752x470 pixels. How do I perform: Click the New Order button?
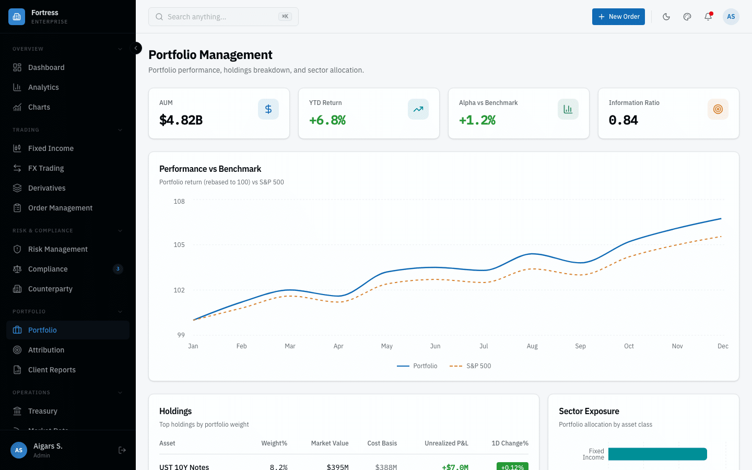tap(618, 17)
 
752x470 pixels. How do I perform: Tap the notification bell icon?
tap(708, 17)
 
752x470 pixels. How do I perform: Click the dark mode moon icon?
tap(666, 17)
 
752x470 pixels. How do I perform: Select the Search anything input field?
tap(223, 17)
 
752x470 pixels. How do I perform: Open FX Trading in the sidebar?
tap(46, 168)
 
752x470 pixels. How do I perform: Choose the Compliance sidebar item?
tap(48, 269)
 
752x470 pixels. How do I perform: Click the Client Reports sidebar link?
tap(52, 370)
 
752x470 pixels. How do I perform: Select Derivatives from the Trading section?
tap(47, 188)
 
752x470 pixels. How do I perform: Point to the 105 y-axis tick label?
tap(179, 245)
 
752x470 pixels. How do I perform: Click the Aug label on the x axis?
tap(532, 346)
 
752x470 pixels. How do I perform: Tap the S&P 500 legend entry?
tap(471, 366)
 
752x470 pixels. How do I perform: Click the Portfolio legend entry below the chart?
tap(417, 366)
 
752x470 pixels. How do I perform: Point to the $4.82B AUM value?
tap(181, 120)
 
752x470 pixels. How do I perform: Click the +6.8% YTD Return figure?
tap(327, 120)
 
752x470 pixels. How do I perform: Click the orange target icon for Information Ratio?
tap(718, 109)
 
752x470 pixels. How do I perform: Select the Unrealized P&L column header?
tap(446, 443)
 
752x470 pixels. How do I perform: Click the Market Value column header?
tap(330, 443)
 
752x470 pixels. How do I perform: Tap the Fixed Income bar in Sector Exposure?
tap(657, 454)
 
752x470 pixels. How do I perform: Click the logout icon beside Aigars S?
tap(122, 450)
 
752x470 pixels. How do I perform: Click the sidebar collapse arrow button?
tap(136, 48)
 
